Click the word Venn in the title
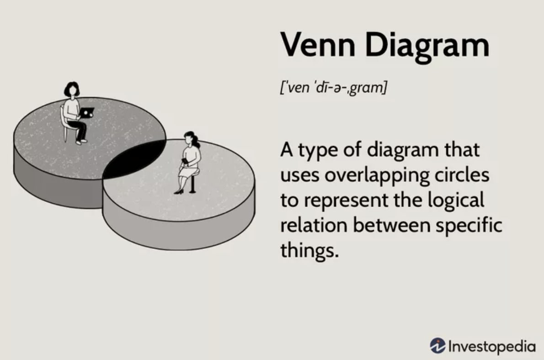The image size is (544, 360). click(318, 45)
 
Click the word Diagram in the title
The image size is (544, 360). click(427, 47)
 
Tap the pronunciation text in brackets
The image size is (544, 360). click(333, 87)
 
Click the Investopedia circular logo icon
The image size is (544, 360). click(437, 345)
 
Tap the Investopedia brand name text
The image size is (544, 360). click(492, 346)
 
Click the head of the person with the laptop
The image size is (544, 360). click(72, 90)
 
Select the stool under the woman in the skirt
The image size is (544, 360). click(192, 181)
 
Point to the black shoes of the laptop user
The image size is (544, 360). click(81, 141)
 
